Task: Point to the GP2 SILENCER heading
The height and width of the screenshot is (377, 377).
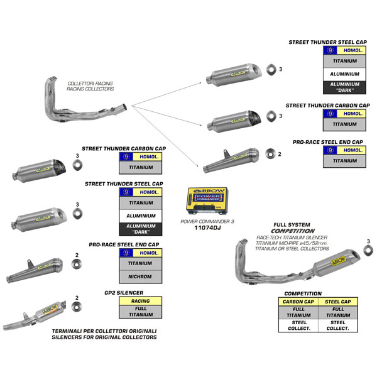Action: tap(123, 293)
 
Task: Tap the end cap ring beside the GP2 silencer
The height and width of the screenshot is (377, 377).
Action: tap(77, 307)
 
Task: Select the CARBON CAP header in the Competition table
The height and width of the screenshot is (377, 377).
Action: tap(298, 302)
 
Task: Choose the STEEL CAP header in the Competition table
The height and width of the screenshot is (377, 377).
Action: tap(337, 302)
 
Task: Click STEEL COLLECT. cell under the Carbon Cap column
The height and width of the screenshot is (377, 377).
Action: tap(298, 325)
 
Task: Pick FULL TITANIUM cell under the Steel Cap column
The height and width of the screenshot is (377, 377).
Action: tap(337, 312)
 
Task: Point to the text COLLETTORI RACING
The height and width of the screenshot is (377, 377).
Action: tap(90, 83)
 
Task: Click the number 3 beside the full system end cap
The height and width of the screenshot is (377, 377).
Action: tap(368, 241)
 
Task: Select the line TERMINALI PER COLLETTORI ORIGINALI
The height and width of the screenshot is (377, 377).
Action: tap(104, 331)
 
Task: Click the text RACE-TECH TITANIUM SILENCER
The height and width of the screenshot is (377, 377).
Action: tap(292, 238)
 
